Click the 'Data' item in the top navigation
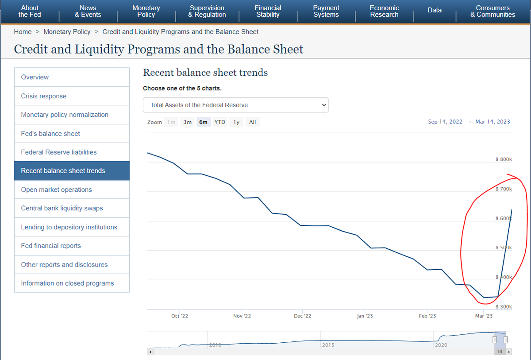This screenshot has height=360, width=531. [435, 10]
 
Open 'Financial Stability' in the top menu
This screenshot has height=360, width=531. [268, 11]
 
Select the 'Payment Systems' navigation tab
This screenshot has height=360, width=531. [326, 11]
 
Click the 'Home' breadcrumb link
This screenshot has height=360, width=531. [23, 32]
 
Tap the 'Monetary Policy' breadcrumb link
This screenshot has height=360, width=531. [67, 32]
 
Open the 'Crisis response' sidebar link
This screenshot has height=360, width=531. [44, 96]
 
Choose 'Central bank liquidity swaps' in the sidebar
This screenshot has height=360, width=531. [62, 208]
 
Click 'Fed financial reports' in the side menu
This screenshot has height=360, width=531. [51, 246]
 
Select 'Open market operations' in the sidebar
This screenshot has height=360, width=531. [56, 190]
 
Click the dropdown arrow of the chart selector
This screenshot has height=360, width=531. [324, 105]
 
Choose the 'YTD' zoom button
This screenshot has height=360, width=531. [220, 122]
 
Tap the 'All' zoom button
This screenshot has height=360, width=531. [253, 122]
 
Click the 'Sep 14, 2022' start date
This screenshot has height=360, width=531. [445, 122]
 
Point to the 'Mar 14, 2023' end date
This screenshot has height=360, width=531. [493, 122]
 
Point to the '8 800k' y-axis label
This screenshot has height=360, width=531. [504, 159]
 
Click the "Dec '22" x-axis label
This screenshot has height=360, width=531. [303, 316]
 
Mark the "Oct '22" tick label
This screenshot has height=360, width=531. [180, 316]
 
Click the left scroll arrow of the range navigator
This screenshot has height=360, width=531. [150, 352]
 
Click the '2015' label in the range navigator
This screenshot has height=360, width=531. [328, 345]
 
